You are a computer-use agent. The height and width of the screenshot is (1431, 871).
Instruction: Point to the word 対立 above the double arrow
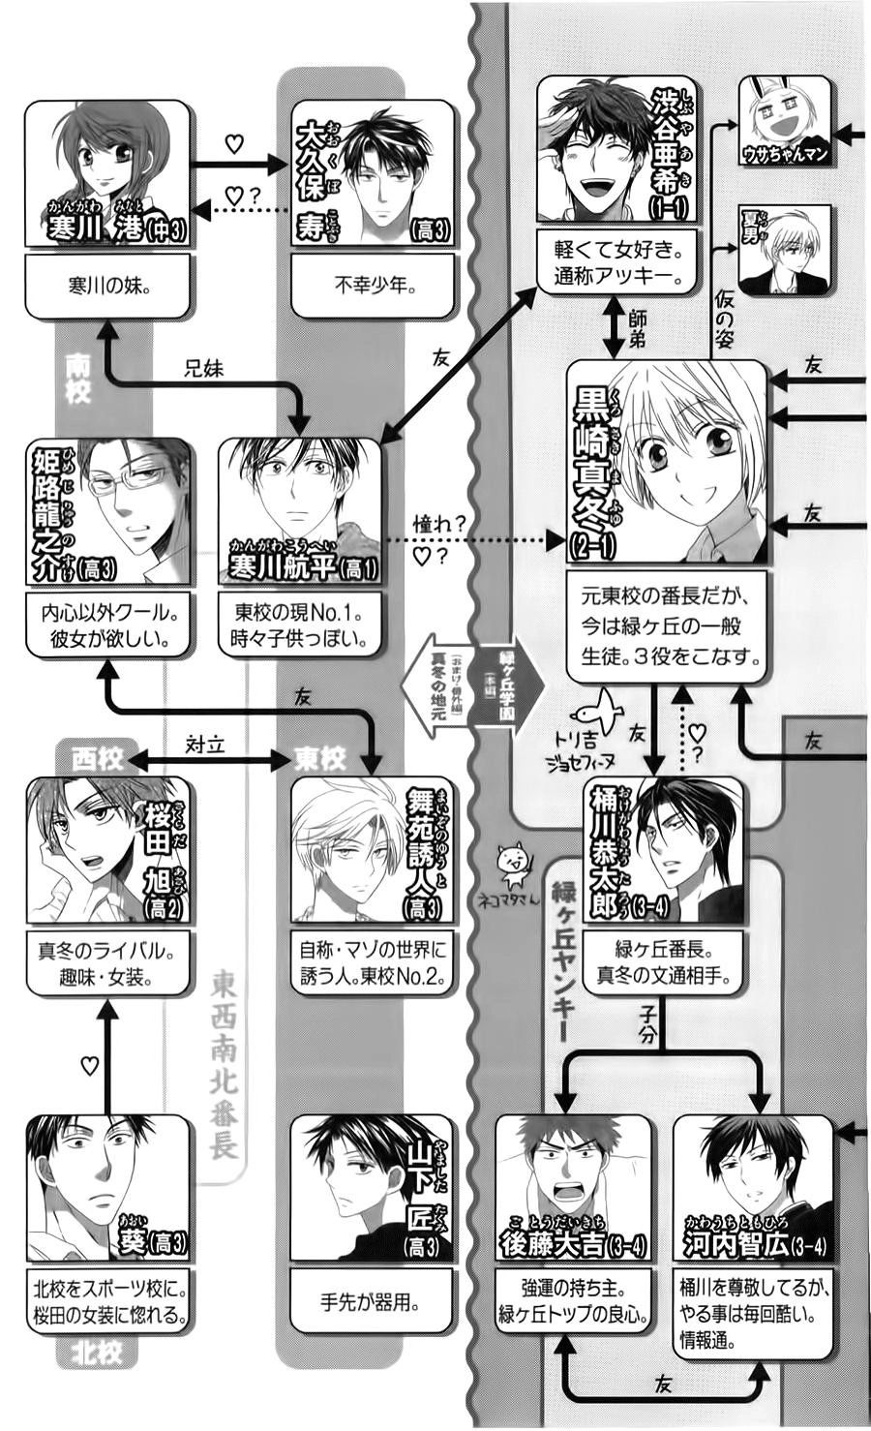pyautogui.click(x=204, y=744)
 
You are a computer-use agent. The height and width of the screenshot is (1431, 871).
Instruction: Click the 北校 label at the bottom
pyautogui.click(x=97, y=1353)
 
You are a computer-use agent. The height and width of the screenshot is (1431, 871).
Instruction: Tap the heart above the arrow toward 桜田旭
pyautogui.click(x=89, y=1066)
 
